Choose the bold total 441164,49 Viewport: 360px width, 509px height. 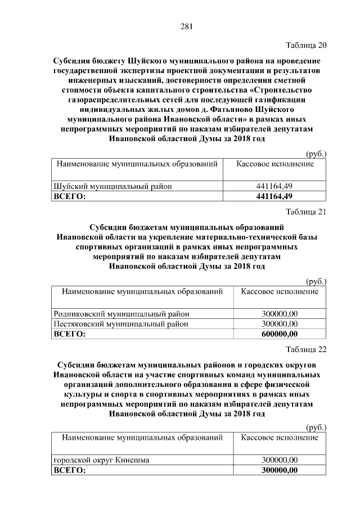pos(274,196)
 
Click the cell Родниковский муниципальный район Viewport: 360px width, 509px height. pos(121,314)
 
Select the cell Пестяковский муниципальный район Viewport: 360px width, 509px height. pos(120,324)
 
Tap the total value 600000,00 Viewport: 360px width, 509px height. pos(280,334)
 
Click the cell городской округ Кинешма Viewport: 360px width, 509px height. pos(101,460)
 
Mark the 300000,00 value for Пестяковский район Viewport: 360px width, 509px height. pos(280,324)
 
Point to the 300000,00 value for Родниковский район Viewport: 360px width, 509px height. pos(280,314)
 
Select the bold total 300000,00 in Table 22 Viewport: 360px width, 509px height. pos(280,470)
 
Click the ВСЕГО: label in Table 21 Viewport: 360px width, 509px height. pos(69,334)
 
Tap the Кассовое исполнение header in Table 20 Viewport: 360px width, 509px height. pos(274,164)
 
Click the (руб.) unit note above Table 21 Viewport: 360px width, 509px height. pos(316,281)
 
